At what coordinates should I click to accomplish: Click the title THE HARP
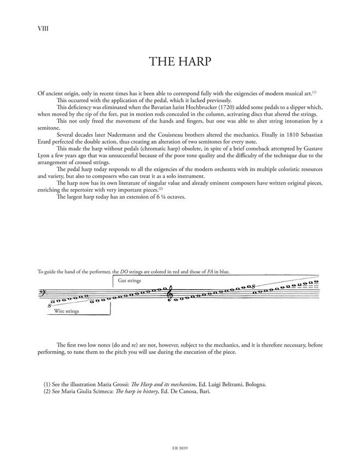pyautogui.click(x=179, y=61)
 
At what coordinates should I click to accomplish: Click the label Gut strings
pyautogui.click(x=129, y=280)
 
